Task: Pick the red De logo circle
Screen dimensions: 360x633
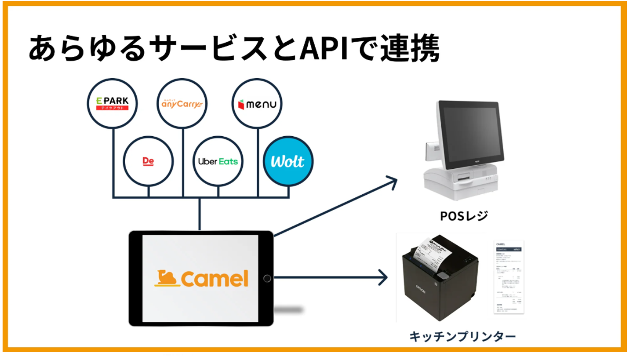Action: pos(148,161)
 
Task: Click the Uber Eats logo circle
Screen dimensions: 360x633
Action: pos(218,161)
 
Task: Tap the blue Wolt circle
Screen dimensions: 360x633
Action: pos(288,161)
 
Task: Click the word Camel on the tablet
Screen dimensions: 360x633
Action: pos(214,279)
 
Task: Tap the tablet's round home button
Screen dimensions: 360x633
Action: pos(267,278)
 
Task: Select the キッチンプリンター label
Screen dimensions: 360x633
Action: pos(462,337)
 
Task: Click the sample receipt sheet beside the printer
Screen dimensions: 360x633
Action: pos(508,277)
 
